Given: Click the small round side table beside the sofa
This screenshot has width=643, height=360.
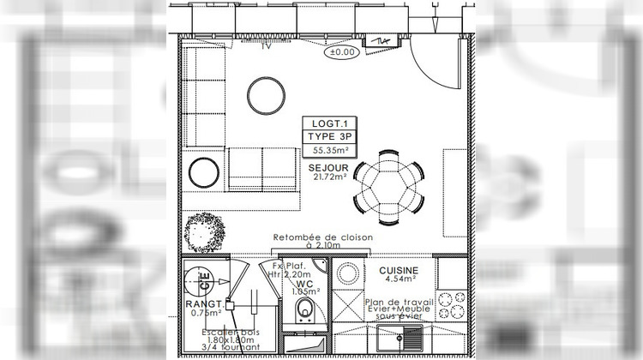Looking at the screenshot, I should pos(204,173).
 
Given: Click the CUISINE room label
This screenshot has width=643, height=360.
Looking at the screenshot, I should pos(393,269).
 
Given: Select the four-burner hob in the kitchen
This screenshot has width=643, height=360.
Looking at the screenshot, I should pos(451,304).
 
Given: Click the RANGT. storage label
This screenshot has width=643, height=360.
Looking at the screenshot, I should pos(205,303).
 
